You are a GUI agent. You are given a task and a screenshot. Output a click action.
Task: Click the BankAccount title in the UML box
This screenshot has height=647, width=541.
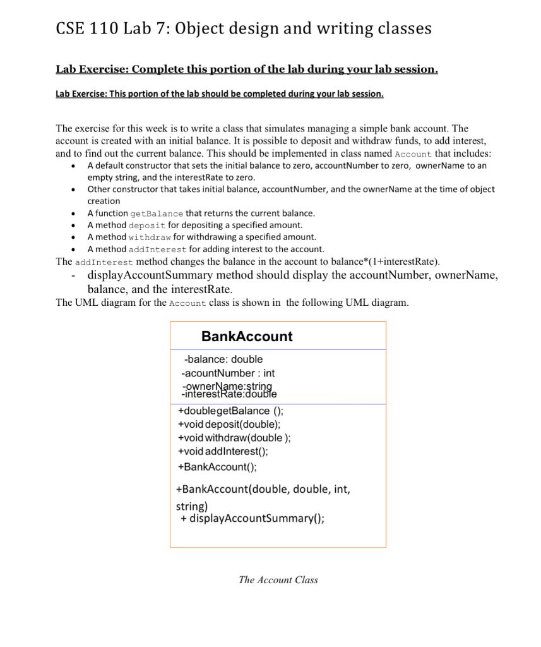[x=247, y=336]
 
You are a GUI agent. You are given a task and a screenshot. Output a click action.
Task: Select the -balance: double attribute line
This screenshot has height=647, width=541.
[x=223, y=359]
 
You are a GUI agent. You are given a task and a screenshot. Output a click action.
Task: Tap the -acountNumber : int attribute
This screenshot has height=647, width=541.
[x=227, y=373]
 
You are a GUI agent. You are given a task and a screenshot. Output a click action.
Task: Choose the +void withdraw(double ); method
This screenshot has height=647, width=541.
[x=234, y=437]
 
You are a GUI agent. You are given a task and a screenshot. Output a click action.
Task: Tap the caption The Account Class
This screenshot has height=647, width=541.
[x=278, y=579]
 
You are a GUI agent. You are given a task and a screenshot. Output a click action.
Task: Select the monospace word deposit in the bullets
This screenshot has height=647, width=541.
[x=147, y=226]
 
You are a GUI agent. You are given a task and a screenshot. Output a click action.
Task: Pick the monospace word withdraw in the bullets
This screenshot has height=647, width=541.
[x=150, y=238]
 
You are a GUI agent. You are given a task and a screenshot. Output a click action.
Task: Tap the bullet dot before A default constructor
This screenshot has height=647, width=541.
[x=74, y=166]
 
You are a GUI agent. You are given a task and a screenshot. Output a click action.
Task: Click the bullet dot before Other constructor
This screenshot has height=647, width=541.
[x=74, y=190]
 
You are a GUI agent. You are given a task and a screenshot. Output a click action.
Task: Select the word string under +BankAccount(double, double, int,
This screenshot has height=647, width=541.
[x=191, y=506]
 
